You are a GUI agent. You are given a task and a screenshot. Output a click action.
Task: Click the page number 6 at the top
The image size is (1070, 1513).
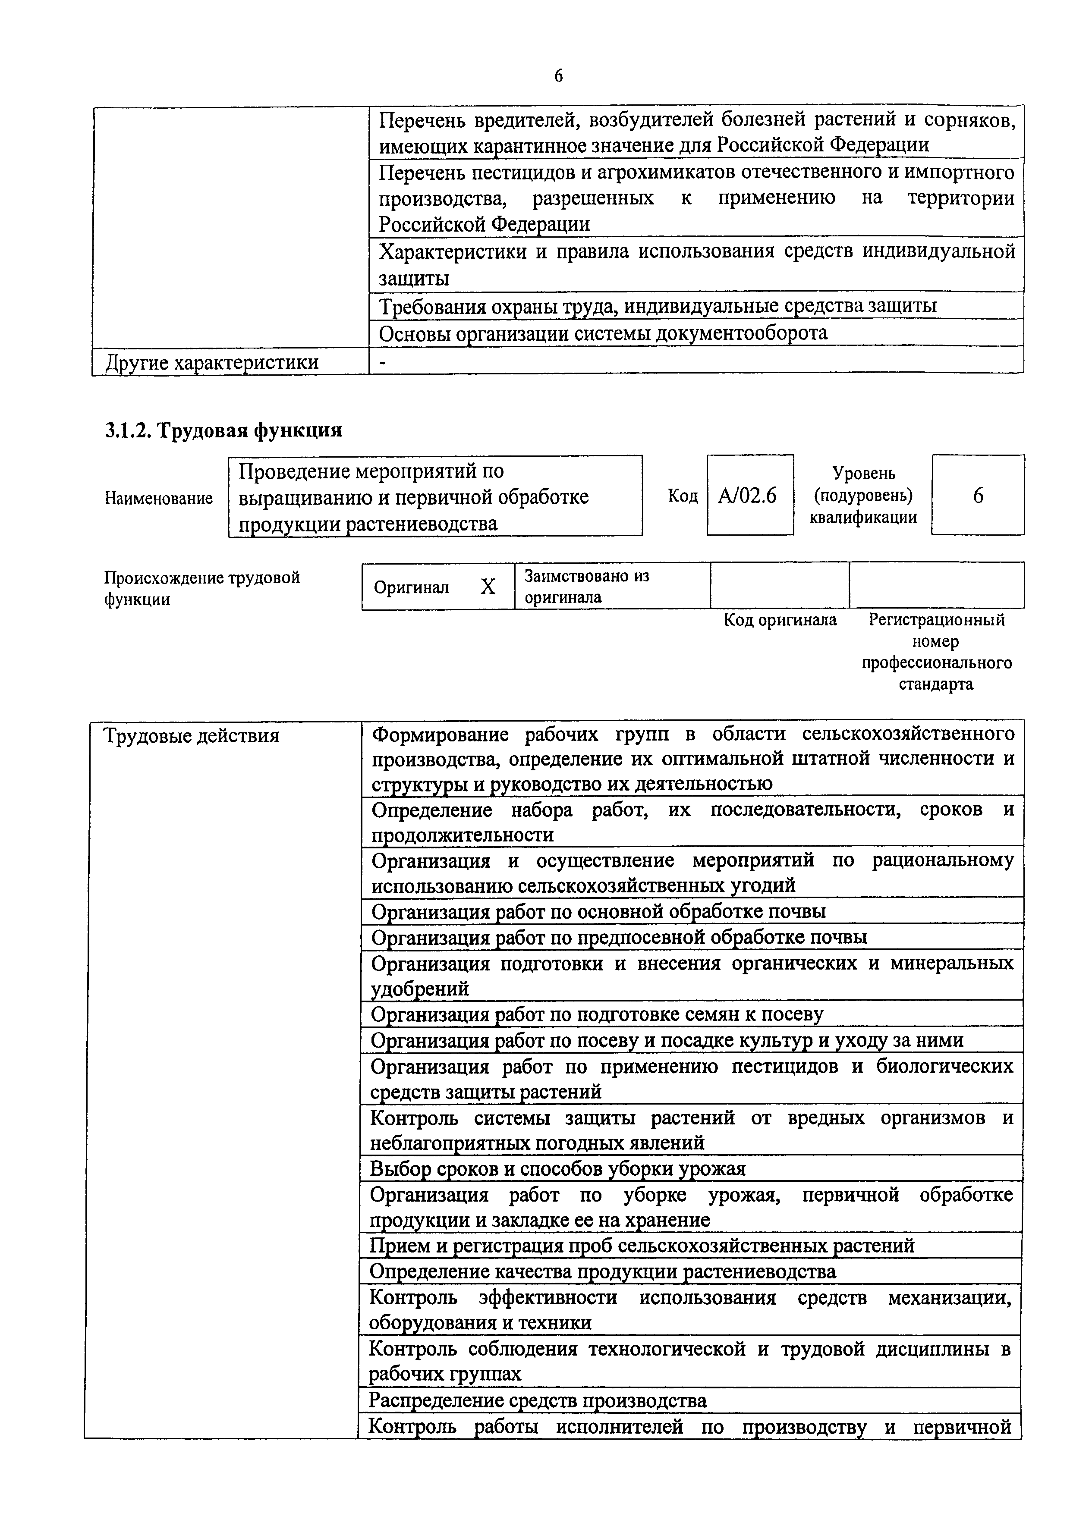(558, 76)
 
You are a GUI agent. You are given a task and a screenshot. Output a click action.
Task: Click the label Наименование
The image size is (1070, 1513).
(159, 498)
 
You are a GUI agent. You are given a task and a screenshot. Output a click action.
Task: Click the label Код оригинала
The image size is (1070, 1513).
(780, 620)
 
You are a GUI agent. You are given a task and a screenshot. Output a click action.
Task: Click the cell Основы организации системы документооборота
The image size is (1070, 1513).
(603, 333)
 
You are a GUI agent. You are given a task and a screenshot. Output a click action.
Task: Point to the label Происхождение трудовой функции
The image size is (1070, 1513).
(202, 588)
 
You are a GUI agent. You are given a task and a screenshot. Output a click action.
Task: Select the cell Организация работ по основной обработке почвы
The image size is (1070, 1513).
(598, 911)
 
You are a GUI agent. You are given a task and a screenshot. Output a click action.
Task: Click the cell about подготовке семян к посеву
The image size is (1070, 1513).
(597, 1014)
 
